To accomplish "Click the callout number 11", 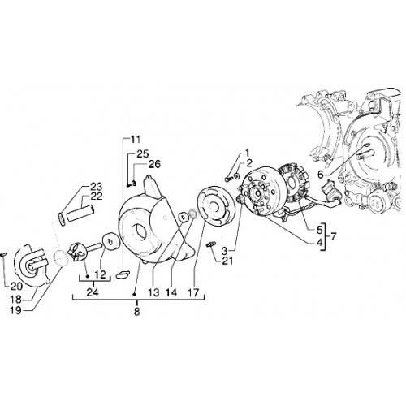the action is (136, 140).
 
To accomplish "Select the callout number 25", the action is (143, 153).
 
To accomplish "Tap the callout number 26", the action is (154, 164).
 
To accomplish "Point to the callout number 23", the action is (96, 187).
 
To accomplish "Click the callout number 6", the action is (320, 175).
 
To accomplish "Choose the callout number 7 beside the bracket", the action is (333, 237).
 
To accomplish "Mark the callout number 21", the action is (227, 261).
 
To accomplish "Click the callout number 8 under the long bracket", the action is (136, 312).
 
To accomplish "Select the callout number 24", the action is (93, 292).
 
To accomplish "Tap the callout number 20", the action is (17, 286).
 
